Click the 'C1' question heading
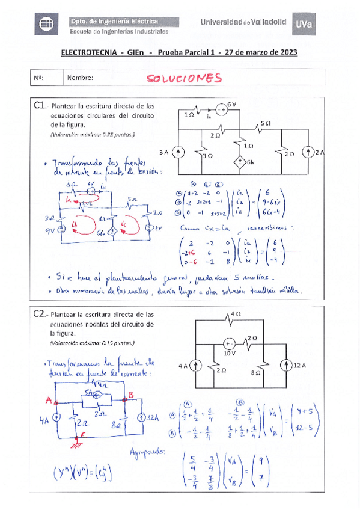click(x=40, y=106)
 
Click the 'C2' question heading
click(x=40, y=315)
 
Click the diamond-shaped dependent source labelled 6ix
click(x=239, y=162)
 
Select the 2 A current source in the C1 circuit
click(x=307, y=153)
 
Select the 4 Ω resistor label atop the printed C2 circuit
click(x=236, y=313)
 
